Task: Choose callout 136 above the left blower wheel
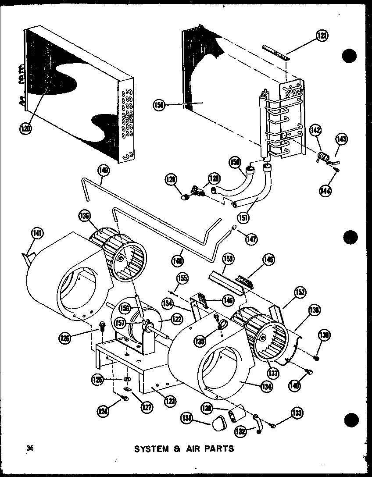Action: [x=85, y=216]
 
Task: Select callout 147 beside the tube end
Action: [x=252, y=238]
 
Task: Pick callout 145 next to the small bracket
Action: [x=268, y=260]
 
